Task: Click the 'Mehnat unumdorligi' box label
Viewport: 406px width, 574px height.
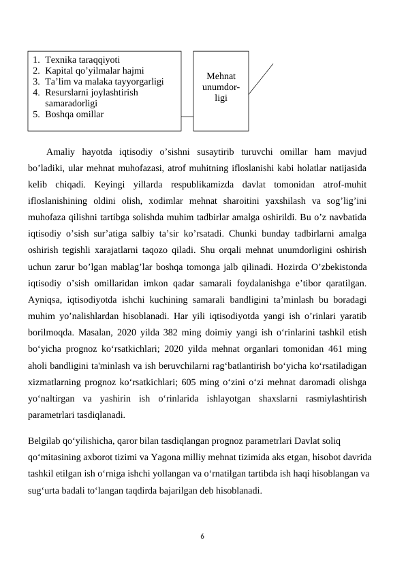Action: point(221,88)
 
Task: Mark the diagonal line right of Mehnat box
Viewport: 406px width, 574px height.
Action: point(260,78)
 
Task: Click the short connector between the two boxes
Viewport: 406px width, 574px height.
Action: point(187,116)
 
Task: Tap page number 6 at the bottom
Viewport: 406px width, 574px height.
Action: point(202,535)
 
